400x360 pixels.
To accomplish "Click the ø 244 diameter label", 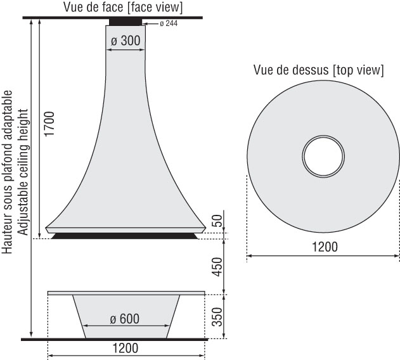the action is tap(169, 23).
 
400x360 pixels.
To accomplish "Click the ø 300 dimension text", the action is tap(126, 41).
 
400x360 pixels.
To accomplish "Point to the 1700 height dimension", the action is tap(49, 124).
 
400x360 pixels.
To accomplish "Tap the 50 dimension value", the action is tap(217, 221).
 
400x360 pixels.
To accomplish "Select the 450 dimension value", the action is tap(217, 267).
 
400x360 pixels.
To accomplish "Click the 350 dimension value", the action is tap(217, 317).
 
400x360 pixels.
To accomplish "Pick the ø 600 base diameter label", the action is tap(125, 319).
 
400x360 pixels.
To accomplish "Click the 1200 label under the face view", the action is tap(126, 348).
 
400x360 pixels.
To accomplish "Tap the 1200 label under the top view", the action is tap(325, 247).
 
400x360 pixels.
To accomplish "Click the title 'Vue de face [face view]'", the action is tap(123, 7).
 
